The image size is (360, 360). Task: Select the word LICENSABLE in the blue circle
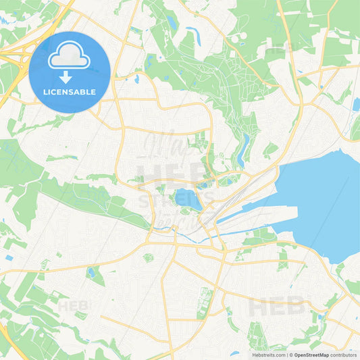pos(70,91)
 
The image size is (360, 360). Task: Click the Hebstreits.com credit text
pos(268,355)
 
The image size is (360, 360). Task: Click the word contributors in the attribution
pos(343,355)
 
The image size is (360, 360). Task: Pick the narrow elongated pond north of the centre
pos(241,150)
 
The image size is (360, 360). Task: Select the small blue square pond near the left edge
pos(8,258)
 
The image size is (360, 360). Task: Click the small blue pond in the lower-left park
pos(91,272)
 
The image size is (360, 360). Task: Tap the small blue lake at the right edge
pos(355,104)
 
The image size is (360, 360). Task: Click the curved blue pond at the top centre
pos(193,34)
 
